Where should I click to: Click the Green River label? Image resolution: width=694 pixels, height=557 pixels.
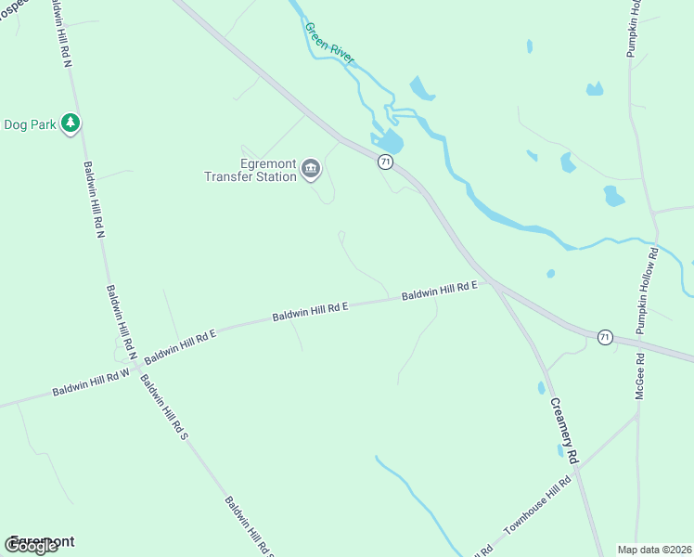click(x=329, y=43)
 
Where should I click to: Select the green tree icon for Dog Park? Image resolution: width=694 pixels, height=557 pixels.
click(x=70, y=123)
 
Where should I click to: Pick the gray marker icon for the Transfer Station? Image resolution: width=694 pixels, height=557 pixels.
click(x=311, y=170)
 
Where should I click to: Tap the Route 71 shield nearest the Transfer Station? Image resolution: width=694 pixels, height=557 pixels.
click(x=385, y=162)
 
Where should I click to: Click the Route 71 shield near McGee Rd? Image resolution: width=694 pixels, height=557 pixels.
click(x=605, y=337)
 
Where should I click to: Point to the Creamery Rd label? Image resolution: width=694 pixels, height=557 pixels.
click(x=564, y=431)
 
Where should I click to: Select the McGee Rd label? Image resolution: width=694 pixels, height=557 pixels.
click(x=640, y=376)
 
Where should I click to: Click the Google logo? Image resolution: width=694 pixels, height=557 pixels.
click(x=32, y=546)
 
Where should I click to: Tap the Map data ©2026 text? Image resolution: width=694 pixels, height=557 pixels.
click(x=655, y=550)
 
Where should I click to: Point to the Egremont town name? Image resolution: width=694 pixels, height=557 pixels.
click(x=42, y=540)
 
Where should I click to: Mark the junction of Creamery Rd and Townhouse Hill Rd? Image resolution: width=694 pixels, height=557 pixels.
click(x=577, y=471)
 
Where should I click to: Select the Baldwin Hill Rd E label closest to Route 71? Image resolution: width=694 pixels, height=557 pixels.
click(x=439, y=291)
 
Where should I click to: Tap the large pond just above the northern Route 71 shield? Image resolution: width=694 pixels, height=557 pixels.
click(x=391, y=142)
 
